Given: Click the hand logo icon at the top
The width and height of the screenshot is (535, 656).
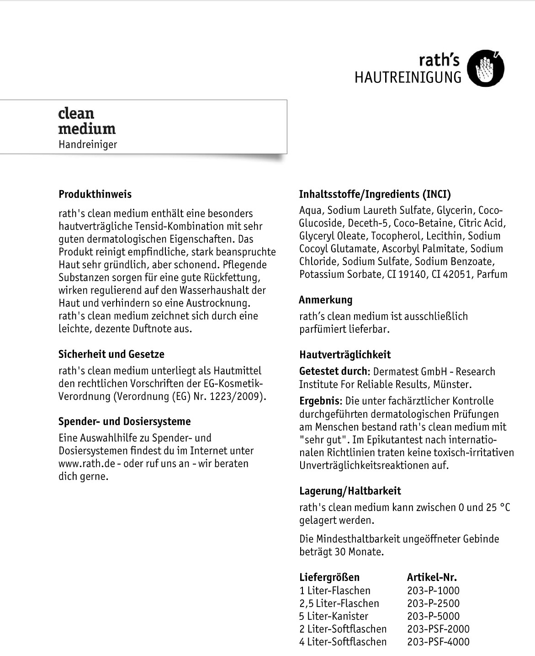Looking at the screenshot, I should [486, 69].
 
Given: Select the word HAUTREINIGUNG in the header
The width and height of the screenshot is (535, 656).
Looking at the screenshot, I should [408, 77].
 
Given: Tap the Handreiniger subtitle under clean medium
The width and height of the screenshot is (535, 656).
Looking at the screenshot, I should [88, 144].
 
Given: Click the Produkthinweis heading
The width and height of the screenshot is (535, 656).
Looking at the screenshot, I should [95, 194].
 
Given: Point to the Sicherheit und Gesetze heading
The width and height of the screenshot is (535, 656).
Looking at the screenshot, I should [111, 354].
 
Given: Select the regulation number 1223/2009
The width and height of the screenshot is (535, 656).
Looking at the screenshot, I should [236, 396].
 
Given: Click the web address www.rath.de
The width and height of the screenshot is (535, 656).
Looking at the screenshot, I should [86, 464].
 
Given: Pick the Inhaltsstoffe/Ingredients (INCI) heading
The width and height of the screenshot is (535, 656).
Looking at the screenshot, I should [375, 194].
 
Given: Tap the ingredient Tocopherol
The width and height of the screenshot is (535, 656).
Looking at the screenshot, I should [396, 236].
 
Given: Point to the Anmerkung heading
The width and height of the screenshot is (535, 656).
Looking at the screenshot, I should [326, 300].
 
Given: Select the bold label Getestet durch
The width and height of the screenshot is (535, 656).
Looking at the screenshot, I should [333, 371].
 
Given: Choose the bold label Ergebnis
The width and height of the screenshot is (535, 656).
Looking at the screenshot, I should [319, 401].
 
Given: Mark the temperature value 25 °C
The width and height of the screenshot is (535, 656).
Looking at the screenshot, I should [498, 507].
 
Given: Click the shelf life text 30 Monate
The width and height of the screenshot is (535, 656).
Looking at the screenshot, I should [358, 552].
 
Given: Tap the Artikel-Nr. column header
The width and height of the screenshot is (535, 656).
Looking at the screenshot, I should [432, 577].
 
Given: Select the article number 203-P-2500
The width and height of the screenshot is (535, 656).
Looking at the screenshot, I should [433, 603].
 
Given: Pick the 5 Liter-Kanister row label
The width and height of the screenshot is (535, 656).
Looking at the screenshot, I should [334, 616].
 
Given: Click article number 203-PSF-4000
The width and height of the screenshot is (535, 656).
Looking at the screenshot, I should [438, 642].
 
